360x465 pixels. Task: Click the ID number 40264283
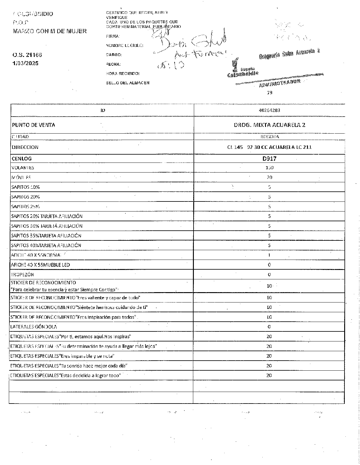[269, 110]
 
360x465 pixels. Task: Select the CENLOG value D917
[269, 159]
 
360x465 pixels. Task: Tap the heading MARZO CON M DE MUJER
[50, 31]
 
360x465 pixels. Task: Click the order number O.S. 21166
[27, 55]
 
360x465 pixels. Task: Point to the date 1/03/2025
[26, 63]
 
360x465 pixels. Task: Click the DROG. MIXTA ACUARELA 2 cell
[269, 125]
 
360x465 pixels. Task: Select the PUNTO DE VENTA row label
[33, 125]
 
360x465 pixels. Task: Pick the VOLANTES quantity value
[269, 168]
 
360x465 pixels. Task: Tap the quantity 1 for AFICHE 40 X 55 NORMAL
[269, 255]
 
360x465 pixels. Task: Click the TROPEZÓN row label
[22, 274]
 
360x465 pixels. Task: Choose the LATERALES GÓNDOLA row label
[33, 327]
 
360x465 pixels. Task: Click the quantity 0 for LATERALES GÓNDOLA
[269, 327]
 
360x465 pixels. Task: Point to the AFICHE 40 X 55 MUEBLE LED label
[40, 265]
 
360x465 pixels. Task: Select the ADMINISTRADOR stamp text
[280, 83]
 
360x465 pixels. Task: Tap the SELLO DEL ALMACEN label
[128, 83]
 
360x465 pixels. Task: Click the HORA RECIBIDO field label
[123, 73]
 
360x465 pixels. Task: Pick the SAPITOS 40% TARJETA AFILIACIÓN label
[46, 245]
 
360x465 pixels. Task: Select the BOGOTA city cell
[269, 137]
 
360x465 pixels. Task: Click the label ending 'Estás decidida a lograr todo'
[65, 376]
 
